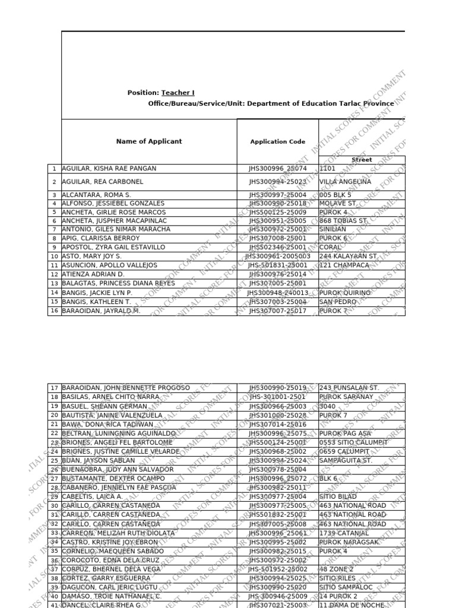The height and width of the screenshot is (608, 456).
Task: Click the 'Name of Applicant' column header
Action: (x=149, y=141)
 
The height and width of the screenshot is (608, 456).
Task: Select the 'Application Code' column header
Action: (x=277, y=142)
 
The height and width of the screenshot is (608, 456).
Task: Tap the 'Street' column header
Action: (x=362, y=160)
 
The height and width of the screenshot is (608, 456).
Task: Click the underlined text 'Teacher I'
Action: (x=178, y=93)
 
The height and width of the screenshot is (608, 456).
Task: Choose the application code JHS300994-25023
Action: (x=277, y=182)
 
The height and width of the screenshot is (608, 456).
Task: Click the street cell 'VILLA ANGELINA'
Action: (x=345, y=182)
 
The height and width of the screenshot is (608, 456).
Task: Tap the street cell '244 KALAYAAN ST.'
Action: (x=348, y=256)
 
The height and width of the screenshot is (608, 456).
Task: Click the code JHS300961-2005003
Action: (x=277, y=256)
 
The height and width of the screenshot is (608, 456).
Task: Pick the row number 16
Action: (x=54, y=311)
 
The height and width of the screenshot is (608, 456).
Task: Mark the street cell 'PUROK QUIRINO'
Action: (x=344, y=293)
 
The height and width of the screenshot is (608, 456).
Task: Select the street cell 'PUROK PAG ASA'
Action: (x=345, y=433)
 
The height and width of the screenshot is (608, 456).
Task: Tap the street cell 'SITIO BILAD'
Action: (x=338, y=496)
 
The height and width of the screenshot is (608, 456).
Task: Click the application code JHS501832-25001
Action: (x=277, y=515)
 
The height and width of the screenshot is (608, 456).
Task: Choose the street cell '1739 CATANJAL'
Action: (x=344, y=533)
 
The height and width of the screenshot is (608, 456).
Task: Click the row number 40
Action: (x=54, y=596)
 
